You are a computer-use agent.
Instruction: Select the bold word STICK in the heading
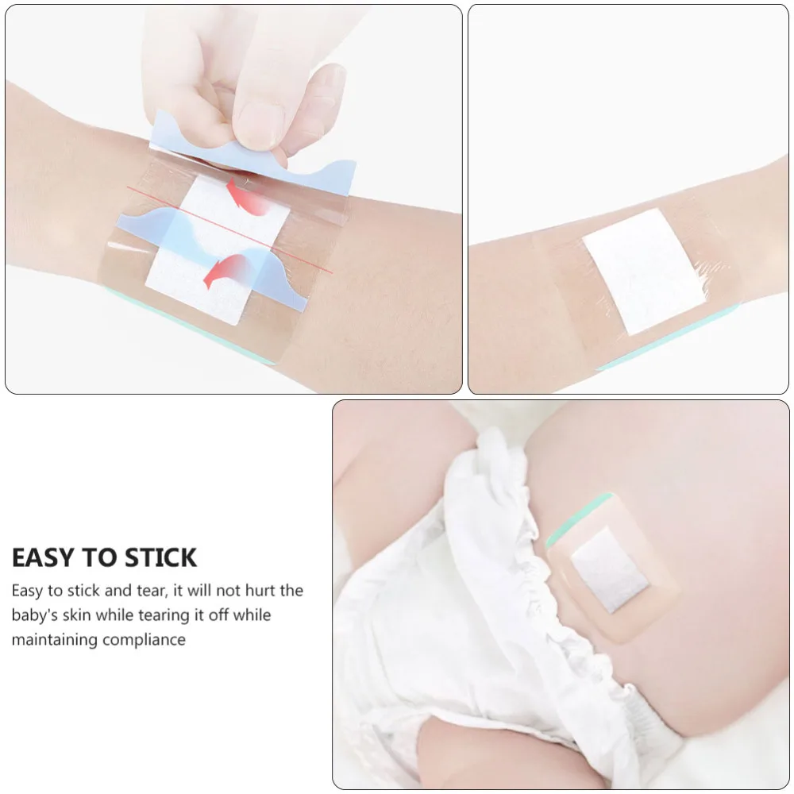(x=158, y=557)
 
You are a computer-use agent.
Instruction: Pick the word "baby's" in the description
(x=38, y=615)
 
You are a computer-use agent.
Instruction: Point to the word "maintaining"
(x=53, y=640)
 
